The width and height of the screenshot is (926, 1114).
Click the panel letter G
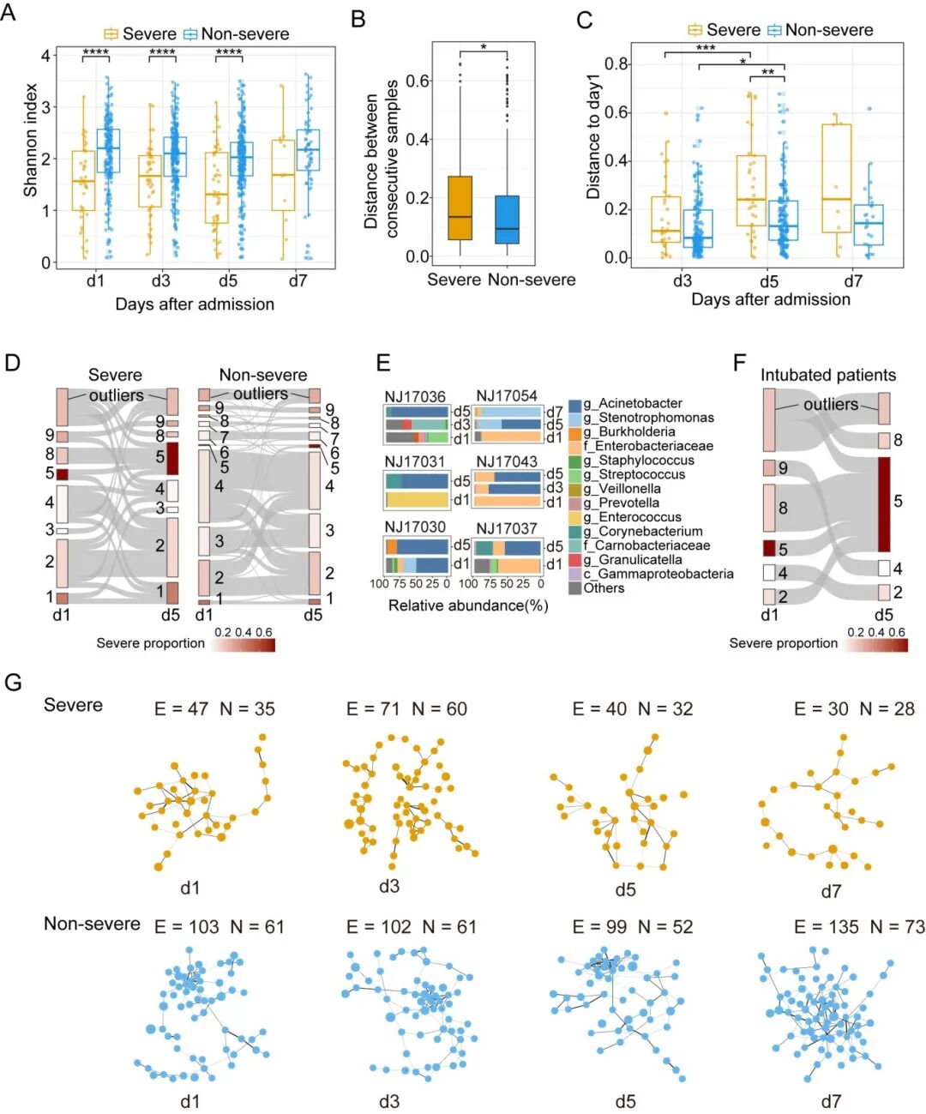tap(13, 683)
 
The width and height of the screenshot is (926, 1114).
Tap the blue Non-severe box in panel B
tap(507, 220)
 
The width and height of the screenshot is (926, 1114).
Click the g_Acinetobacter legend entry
tap(633, 403)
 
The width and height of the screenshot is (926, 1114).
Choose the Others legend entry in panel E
tap(604, 588)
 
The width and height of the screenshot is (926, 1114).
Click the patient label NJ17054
tap(507, 395)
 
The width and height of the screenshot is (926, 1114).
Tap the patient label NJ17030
tap(415, 527)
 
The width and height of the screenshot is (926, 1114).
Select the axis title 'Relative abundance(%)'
tap(468, 605)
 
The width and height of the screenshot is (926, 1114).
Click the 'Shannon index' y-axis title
tap(31, 140)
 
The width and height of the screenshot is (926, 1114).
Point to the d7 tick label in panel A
tap(298, 280)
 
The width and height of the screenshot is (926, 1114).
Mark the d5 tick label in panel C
tap(768, 280)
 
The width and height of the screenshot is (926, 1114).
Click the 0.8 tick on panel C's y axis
tap(616, 64)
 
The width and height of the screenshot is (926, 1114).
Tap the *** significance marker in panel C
tap(706, 49)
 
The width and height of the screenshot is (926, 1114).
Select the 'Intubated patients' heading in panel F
tap(827, 375)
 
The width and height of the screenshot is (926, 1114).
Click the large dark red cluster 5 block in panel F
tap(884, 504)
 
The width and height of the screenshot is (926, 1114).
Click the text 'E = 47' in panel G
tap(181, 708)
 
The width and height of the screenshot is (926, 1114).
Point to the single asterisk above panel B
tap(484, 48)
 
